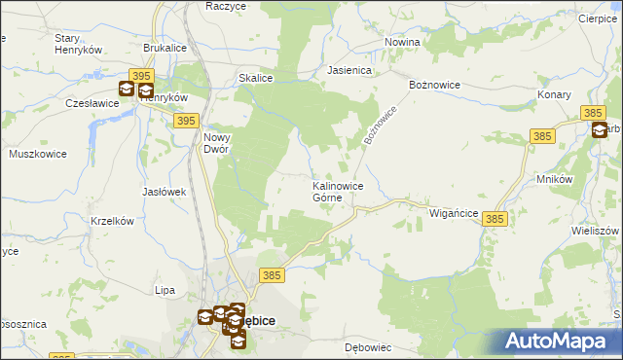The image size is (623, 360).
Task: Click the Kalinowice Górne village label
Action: pos(338,191)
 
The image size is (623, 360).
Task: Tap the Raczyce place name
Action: pos(225,6)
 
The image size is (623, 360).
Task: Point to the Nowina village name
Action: pos(402,42)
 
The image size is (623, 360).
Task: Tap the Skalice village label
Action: pos(255,78)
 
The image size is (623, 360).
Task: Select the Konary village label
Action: pos(554,94)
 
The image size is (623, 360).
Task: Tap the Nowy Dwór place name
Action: pos(216,144)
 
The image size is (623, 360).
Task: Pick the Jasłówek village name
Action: pos(164,192)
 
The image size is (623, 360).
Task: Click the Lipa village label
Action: pos(165,290)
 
